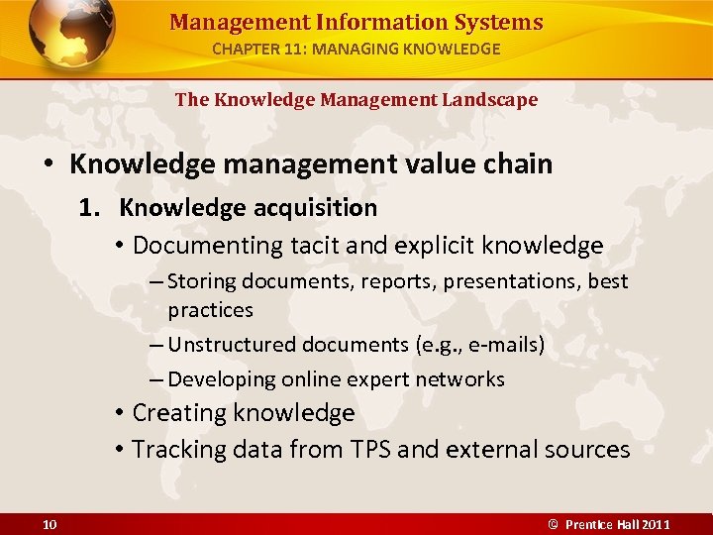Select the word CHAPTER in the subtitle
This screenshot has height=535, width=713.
(x=248, y=48)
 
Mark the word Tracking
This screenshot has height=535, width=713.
(x=178, y=449)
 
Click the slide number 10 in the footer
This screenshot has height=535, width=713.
(x=50, y=524)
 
